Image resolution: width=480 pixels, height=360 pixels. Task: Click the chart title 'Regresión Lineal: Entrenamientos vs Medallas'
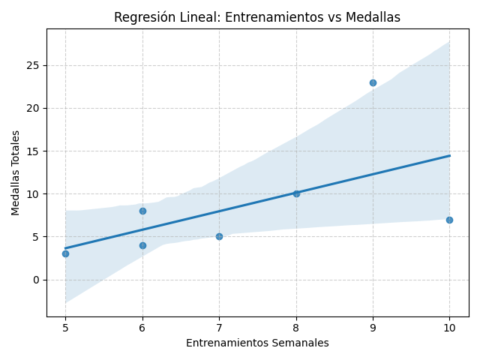click(257, 17)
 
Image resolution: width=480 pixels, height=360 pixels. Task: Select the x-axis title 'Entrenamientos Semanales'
click(257, 343)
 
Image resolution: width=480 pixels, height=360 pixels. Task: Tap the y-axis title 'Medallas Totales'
click(16, 172)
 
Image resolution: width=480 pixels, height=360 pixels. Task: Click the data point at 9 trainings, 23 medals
click(373, 82)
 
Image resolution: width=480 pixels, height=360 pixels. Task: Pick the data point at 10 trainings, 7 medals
click(449, 220)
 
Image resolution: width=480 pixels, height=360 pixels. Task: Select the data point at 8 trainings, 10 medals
click(296, 193)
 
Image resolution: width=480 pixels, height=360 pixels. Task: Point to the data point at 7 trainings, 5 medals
click(219, 236)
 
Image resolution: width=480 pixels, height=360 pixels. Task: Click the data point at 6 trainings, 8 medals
click(142, 211)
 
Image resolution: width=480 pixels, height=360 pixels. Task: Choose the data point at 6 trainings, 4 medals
click(142, 245)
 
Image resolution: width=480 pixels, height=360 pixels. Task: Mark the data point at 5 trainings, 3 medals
click(65, 253)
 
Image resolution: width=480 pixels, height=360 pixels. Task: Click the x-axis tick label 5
click(65, 328)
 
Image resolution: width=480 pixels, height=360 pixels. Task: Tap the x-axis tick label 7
click(219, 328)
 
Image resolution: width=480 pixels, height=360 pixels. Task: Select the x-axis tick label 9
click(373, 328)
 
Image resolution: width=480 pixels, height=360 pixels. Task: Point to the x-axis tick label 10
click(449, 328)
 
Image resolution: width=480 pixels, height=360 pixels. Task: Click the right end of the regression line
click(449, 155)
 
